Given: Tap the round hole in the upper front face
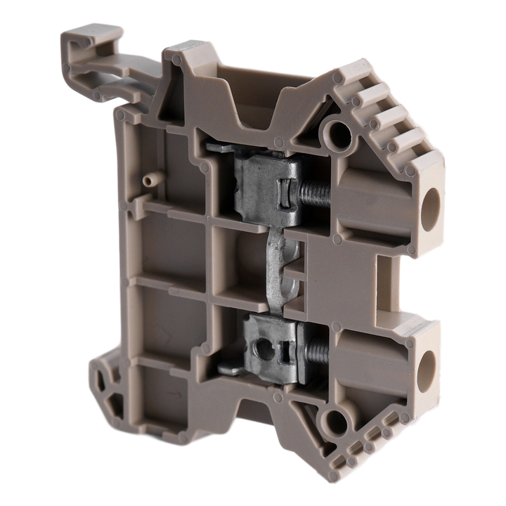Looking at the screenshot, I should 337,131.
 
